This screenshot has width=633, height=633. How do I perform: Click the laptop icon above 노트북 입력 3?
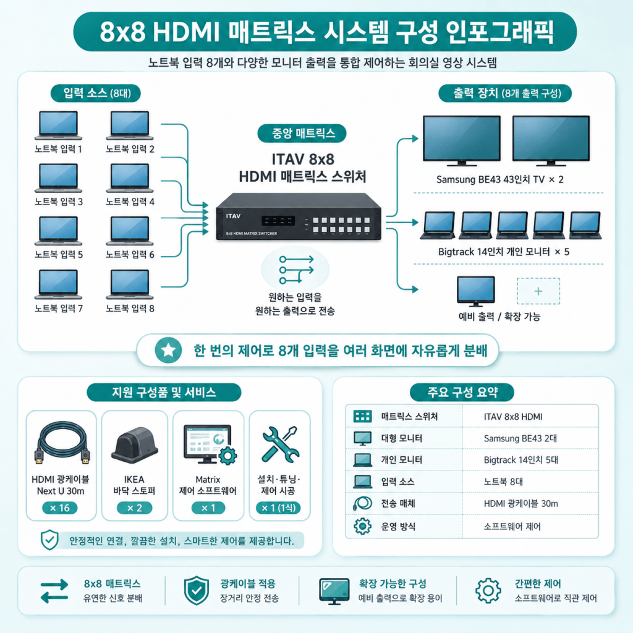tap(59, 178)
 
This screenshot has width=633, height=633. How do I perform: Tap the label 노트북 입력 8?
tap(130, 308)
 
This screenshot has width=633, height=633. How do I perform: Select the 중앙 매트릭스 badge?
tap(302, 134)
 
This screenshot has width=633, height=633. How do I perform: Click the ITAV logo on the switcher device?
tap(233, 216)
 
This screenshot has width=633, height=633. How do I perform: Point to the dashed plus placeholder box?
tap(538, 291)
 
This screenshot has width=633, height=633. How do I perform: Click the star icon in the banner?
tap(168, 350)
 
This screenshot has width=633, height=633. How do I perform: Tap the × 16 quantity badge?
tap(60, 508)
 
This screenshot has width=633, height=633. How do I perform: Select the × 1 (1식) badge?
tap(279, 508)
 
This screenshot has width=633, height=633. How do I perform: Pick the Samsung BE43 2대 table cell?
tap(520, 438)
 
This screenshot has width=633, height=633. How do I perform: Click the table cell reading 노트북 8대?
tap(503, 482)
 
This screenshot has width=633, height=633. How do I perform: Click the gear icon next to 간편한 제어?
tap(488, 590)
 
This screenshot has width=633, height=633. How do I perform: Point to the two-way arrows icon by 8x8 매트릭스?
tap(54, 591)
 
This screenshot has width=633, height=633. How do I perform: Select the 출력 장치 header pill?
tap(505, 93)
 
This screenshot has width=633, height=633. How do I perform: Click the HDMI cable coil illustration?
tap(62, 443)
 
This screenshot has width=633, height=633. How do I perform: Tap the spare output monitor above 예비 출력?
tap(475, 291)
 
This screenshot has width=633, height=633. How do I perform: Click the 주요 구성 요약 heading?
tap(462, 392)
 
